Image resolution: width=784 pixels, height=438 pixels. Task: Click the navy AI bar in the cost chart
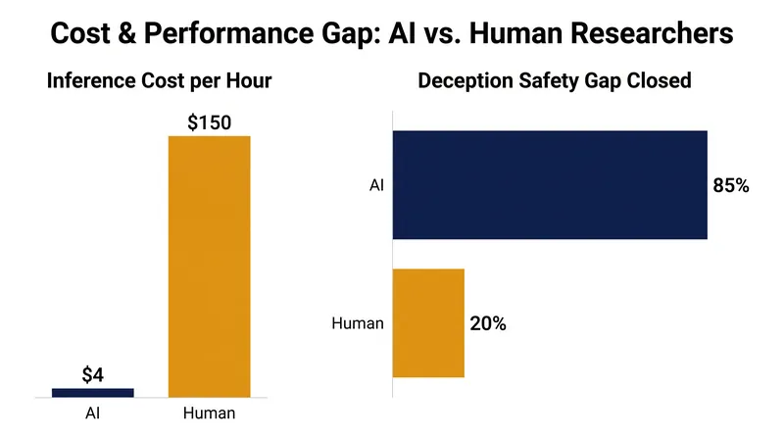[92, 393]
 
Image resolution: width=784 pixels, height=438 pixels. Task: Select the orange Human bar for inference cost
[209, 267]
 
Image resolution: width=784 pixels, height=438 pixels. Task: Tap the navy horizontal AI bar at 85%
[550, 185]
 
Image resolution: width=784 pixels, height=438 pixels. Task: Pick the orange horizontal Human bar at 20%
[428, 323]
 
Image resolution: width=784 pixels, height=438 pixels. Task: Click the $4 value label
[93, 375]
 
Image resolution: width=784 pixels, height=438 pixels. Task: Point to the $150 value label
[209, 122]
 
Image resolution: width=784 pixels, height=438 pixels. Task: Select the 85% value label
[731, 185]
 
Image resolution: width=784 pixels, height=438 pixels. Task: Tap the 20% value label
[488, 323]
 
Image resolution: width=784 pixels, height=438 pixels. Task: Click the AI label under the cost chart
[92, 413]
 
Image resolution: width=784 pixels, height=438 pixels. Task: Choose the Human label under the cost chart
[209, 413]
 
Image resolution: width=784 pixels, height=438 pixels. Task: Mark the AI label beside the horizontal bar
[376, 185]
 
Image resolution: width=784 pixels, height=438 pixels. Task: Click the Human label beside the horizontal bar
[358, 323]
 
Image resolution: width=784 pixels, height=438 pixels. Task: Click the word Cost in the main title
[80, 33]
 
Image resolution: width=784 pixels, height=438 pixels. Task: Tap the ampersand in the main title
[126, 33]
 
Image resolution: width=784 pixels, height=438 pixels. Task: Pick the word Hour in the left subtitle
[249, 80]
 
